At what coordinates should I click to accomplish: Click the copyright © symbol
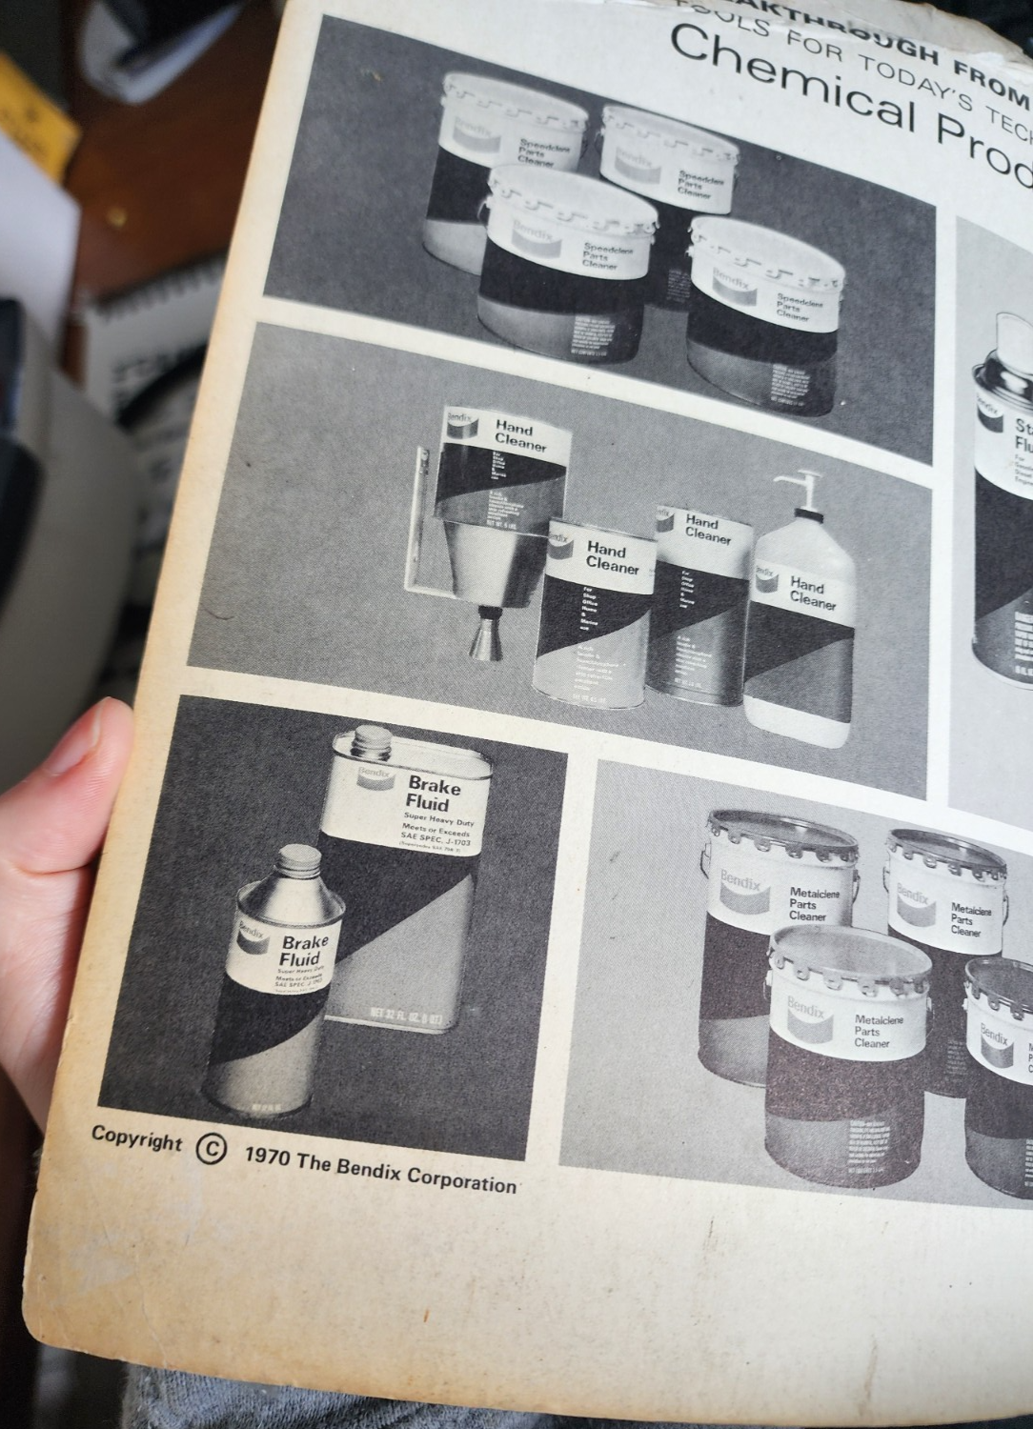212,1148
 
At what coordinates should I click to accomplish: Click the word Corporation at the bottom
461,1180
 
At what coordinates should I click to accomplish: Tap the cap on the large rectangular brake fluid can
373,743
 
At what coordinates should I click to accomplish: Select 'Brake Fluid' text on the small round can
304,950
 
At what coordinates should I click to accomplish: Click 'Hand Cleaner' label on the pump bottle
812,594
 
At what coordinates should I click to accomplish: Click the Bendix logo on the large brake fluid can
373,775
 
